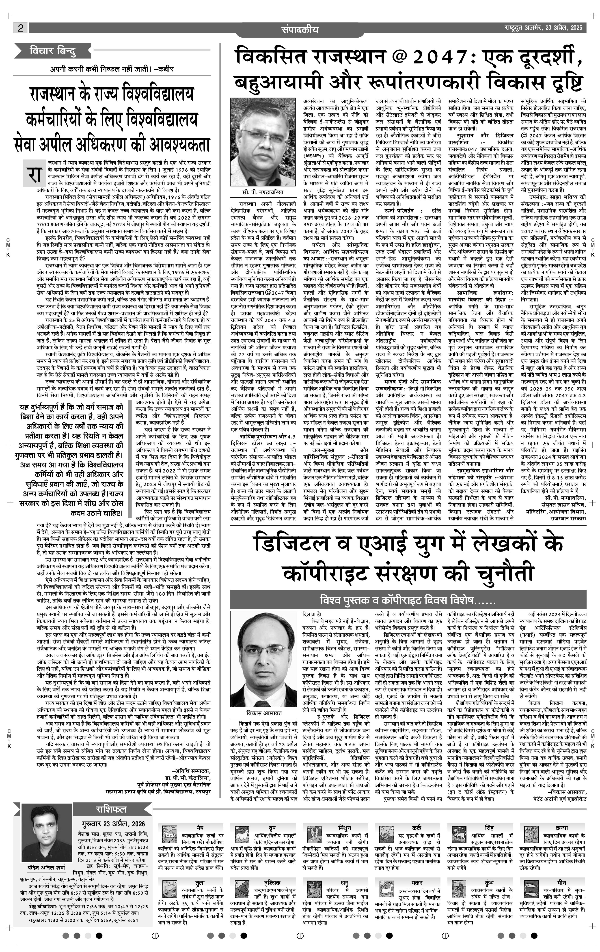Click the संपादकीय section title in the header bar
point(300,29)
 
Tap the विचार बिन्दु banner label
point(52,51)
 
